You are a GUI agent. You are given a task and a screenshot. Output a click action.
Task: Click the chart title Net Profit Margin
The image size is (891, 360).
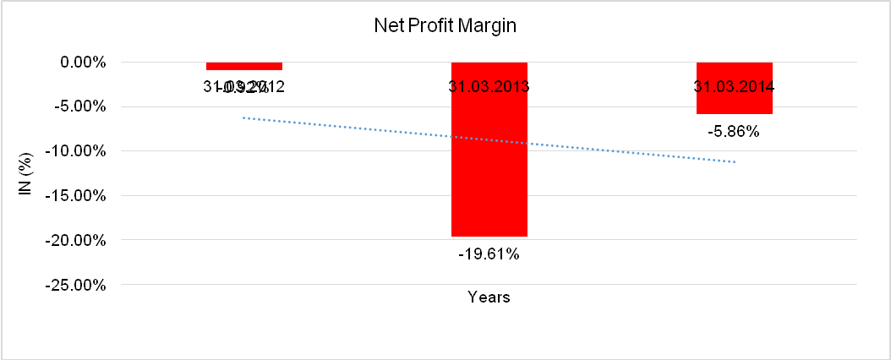445,26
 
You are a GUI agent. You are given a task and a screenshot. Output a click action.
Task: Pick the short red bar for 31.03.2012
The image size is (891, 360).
244,66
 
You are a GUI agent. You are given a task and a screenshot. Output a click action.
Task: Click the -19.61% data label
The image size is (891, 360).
489,253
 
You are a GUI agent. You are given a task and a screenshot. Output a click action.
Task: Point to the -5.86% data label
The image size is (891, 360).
734,131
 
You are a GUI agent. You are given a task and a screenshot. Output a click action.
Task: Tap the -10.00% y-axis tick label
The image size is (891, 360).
76,151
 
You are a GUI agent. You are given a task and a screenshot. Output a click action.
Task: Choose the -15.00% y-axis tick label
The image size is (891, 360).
76,195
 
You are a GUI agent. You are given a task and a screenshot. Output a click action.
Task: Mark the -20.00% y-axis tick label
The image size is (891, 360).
76,240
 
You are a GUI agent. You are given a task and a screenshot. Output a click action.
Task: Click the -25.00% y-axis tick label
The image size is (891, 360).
76,285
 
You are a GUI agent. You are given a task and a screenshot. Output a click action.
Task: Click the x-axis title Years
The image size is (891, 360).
489,297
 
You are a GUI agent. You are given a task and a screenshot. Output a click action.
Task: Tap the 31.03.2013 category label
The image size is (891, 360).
489,86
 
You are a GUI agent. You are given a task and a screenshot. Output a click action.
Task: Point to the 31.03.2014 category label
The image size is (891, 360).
734,86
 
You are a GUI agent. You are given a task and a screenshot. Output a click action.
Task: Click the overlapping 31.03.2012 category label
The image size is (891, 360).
244,86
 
